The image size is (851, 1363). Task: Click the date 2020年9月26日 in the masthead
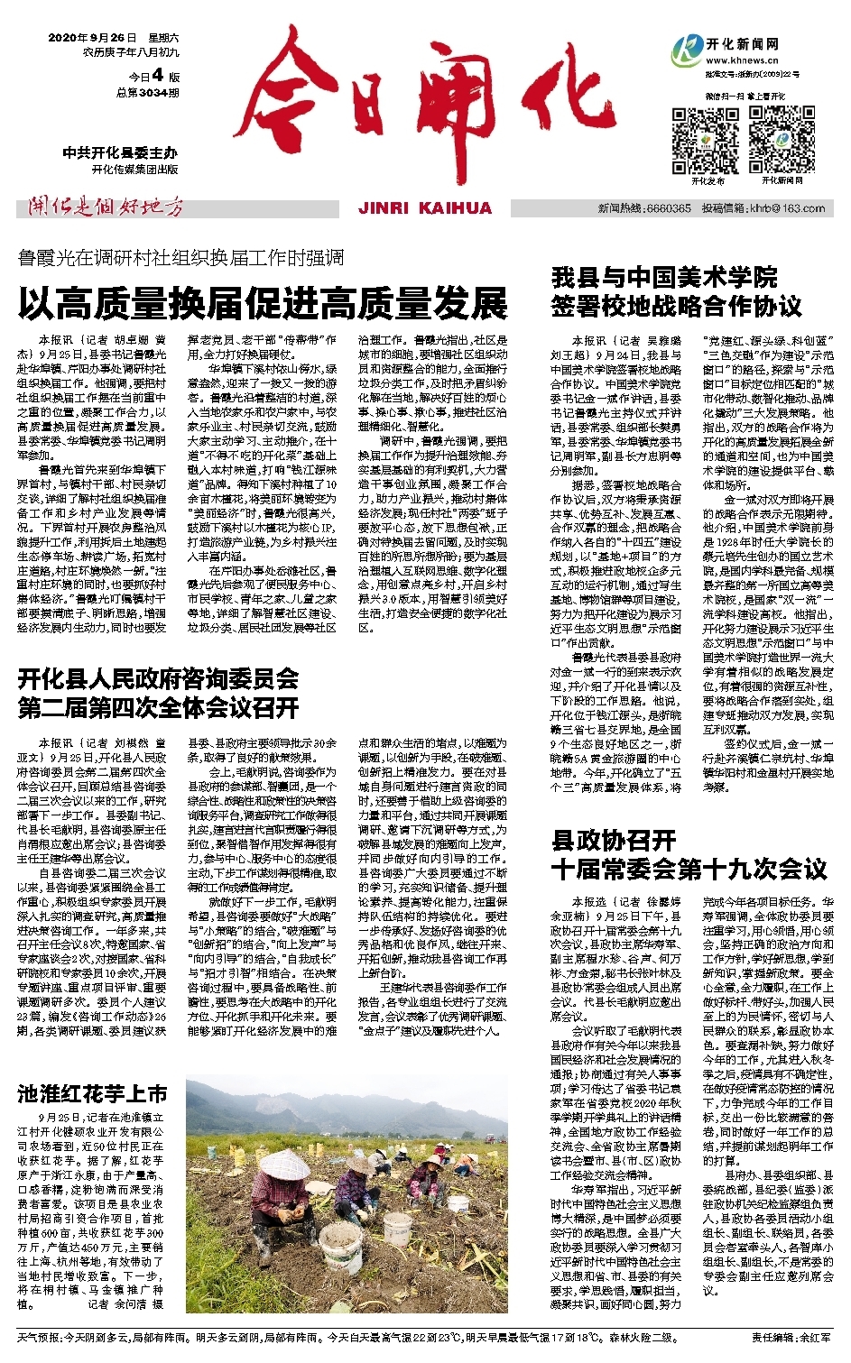pyautogui.click(x=92, y=38)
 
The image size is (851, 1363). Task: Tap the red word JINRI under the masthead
pyautogui.click(x=388, y=208)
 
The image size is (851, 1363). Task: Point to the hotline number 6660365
pyautogui.click(x=669, y=208)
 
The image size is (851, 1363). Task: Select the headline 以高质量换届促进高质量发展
pyautogui.click(x=262, y=305)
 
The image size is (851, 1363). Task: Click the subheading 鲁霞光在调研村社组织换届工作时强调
pyautogui.click(x=180, y=258)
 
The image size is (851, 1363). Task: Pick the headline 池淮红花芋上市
pyautogui.click(x=92, y=1094)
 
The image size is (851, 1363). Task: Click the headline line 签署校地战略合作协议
pyautogui.click(x=676, y=306)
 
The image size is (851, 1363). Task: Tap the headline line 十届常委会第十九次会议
pyautogui.click(x=689, y=870)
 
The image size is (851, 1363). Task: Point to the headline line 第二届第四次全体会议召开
pyautogui.click(x=158, y=707)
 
